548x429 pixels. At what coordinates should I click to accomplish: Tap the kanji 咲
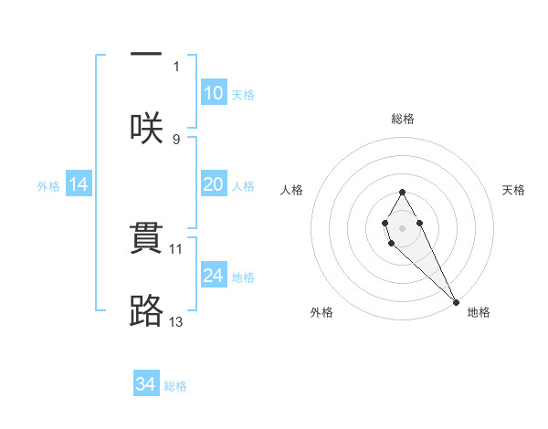click(146, 126)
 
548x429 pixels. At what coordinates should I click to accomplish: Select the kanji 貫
click(146, 239)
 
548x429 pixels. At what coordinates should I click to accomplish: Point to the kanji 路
click(146, 310)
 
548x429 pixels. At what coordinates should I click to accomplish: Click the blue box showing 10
click(213, 93)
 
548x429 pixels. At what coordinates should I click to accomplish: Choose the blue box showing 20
click(213, 184)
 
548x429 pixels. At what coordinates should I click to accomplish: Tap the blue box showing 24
click(213, 276)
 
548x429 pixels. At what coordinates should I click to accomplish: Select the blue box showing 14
click(79, 184)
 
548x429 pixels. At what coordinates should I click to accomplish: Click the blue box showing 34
click(146, 384)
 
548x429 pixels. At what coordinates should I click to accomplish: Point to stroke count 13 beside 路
click(177, 321)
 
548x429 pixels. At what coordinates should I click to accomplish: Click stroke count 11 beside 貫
click(177, 248)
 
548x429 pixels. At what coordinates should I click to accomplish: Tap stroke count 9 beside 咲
click(176, 140)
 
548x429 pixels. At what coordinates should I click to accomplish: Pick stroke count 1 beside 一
click(176, 66)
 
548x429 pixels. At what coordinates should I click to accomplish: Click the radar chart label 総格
click(403, 119)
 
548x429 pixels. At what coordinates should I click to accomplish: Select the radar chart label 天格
click(514, 190)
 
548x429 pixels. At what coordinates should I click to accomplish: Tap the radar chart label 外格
click(321, 312)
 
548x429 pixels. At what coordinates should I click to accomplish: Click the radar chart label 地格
click(479, 312)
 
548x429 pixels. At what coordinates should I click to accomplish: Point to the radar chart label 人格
click(291, 190)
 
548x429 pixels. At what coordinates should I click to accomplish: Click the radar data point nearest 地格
click(456, 301)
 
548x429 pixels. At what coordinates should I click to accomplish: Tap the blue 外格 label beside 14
click(48, 185)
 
